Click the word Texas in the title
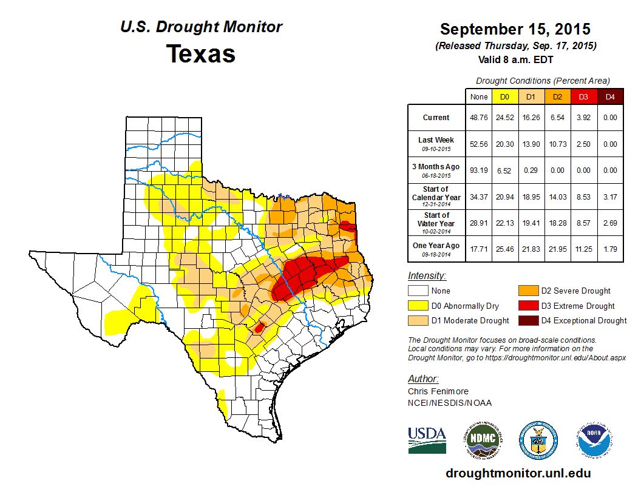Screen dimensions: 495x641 pos(201,54)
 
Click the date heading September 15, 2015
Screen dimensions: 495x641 pos(515,29)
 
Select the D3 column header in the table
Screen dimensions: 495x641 pos(583,97)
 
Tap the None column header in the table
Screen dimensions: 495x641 pos(479,97)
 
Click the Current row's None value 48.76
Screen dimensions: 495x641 pos(479,118)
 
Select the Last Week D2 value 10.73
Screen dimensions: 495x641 pos(557,144)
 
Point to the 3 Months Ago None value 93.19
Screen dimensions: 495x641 pos(479,170)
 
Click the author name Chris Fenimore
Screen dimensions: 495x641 pos(438,391)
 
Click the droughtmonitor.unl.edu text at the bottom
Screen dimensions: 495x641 pos(518,473)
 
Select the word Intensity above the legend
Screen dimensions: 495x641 pos(427,275)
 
